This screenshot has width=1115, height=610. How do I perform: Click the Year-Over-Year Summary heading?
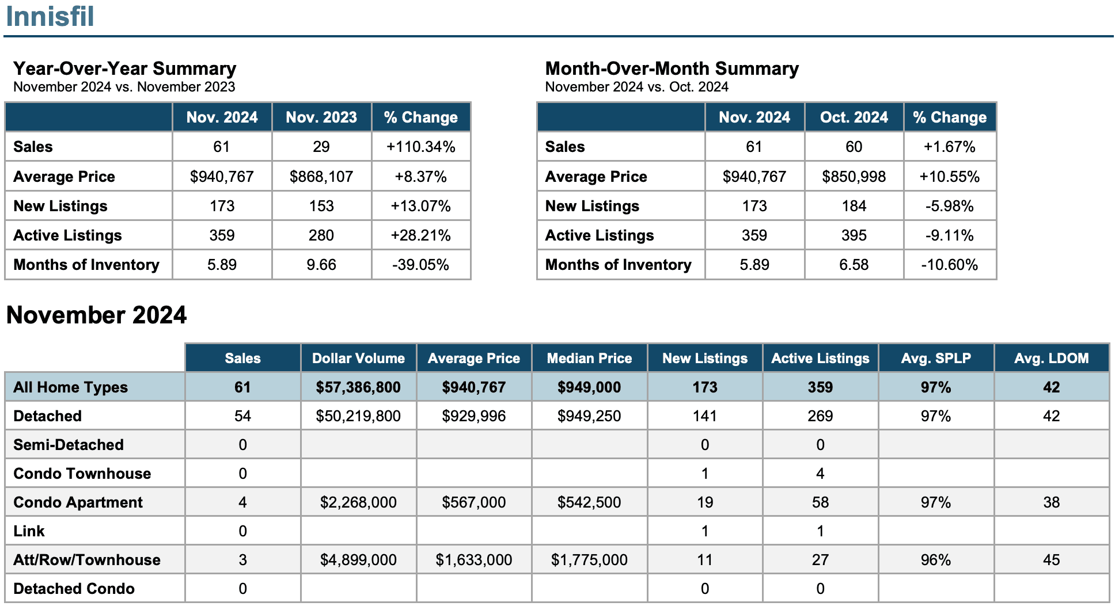[x=125, y=68]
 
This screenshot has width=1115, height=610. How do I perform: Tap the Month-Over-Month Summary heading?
[x=672, y=68]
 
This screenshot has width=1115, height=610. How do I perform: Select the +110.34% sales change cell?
[x=421, y=147]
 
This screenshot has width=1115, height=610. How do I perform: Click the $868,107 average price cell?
[x=321, y=177]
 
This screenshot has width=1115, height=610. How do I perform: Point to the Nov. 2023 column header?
[x=321, y=117]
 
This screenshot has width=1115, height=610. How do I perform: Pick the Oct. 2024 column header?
[x=854, y=117]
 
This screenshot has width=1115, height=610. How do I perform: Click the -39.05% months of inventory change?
[x=421, y=265]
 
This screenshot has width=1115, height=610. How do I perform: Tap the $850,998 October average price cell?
[x=854, y=177]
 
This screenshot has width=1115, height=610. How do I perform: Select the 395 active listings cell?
[x=854, y=235]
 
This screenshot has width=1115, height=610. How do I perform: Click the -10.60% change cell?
[x=950, y=265]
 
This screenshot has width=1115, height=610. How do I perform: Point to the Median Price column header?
[x=589, y=359]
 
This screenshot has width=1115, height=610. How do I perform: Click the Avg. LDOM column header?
[x=1052, y=359]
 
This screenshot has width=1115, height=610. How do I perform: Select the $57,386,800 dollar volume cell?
[x=358, y=387]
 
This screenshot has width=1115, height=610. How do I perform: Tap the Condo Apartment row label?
[x=78, y=502]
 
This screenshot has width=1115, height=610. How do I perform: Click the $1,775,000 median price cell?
[x=589, y=560]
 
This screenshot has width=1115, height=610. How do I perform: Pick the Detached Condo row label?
[x=74, y=589]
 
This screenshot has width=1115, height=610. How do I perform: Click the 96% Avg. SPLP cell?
[x=936, y=560]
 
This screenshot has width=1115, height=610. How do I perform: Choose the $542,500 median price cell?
[x=589, y=502]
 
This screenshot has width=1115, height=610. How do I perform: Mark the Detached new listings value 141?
[x=705, y=416]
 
